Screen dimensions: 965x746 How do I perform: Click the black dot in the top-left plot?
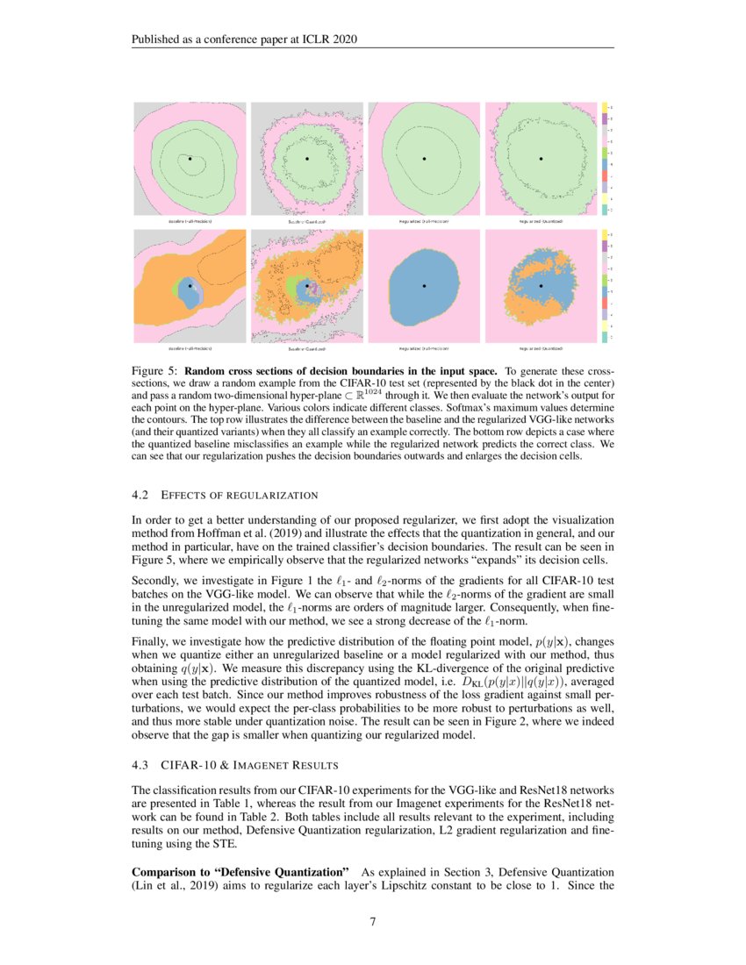coord(190,158)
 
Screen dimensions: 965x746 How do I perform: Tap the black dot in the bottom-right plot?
coord(541,286)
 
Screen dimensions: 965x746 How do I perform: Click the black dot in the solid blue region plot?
coord(424,286)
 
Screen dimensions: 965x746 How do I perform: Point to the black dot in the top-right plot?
coord(541,159)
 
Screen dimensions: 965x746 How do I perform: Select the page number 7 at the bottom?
coord(372,921)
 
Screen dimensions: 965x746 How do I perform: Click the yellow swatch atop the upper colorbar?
coord(605,107)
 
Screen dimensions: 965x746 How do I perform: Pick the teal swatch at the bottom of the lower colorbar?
coord(605,337)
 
